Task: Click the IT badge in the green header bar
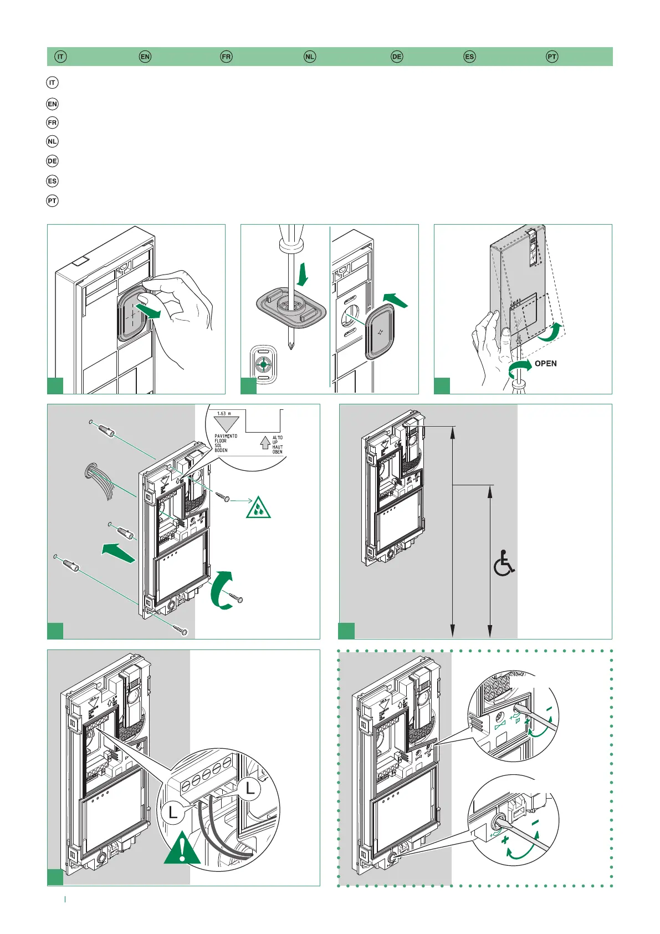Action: [x=60, y=57]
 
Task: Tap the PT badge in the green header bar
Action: [x=552, y=57]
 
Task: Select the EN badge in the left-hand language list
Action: [x=52, y=104]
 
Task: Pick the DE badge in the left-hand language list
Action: [x=52, y=161]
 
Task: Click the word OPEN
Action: [x=545, y=364]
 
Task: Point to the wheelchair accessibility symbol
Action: [x=504, y=563]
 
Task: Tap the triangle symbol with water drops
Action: [x=258, y=508]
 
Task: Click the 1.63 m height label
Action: [x=224, y=414]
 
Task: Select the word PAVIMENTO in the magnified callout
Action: [x=226, y=436]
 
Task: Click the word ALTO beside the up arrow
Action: [x=278, y=438]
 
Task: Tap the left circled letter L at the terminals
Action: [x=173, y=813]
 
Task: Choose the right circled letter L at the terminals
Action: [x=250, y=789]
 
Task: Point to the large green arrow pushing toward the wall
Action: [x=119, y=552]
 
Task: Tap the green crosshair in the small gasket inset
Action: [x=263, y=365]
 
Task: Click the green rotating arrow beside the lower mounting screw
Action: [x=222, y=590]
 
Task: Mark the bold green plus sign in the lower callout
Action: [x=505, y=841]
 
